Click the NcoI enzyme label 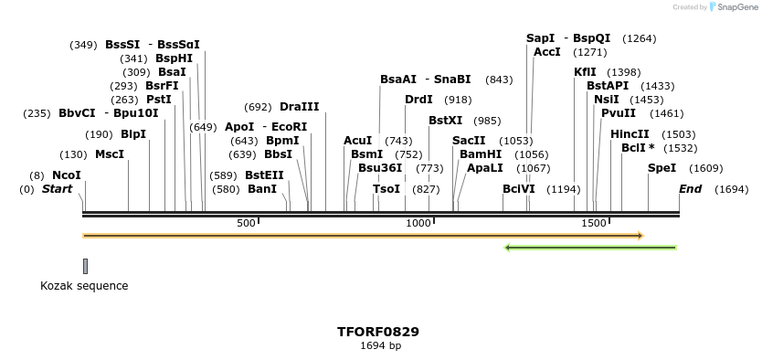point(67,175)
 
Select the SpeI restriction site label point(661,168)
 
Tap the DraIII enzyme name point(300,107)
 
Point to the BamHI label point(481,154)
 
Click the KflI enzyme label point(585,72)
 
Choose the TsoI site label point(386,189)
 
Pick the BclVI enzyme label point(518,189)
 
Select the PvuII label point(617,113)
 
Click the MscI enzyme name point(110,154)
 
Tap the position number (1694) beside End point(732,189)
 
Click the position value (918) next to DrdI point(458,100)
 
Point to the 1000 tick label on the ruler point(418,224)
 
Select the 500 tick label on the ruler point(246,224)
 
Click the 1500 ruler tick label point(594,224)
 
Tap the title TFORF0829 point(378,332)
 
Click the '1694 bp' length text point(380,346)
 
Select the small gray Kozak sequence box point(85,266)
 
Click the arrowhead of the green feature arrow point(508,247)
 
